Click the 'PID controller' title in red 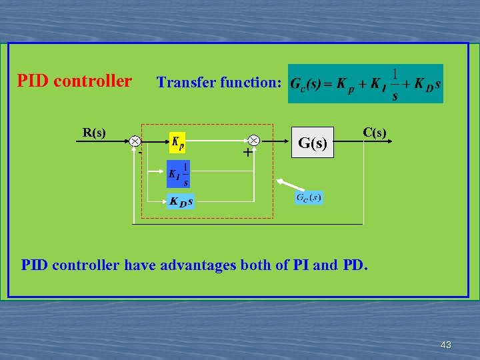pos(74,81)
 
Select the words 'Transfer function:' pos(219,83)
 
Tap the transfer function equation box pos(365,84)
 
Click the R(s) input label pos(94,132)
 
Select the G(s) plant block pos(312,142)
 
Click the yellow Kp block pos(178,142)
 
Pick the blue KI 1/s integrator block pos(179,173)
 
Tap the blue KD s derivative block pos(181,201)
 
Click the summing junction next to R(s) pos(135,141)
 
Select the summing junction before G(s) pos(254,141)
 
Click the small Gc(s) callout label pos(309,197)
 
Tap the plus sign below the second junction pos(247,153)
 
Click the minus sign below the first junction pos(141,153)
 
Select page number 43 pos(446,345)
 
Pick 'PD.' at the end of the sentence pos(355,265)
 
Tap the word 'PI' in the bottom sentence pos(301,265)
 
